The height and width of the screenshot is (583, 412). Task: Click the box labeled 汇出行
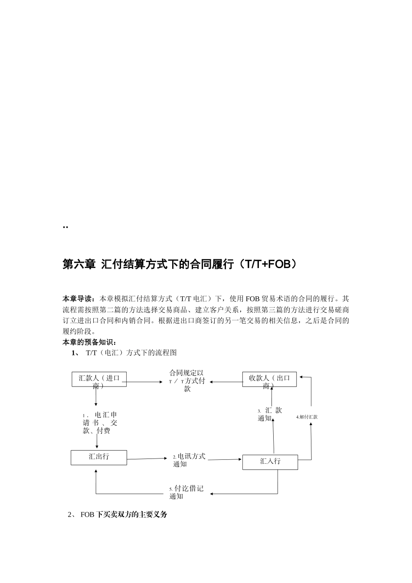pyautogui.click(x=99, y=457)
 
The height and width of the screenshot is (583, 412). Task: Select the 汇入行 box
pyautogui.click(x=270, y=462)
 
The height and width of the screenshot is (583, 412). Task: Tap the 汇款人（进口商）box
pyautogui.click(x=99, y=379)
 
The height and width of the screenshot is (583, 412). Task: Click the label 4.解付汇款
pyautogui.click(x=307, y=417)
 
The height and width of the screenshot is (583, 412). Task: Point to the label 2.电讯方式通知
pyautogui.click(x=189, y=460)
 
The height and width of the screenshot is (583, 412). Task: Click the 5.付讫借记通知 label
pyautogui.click(x=186, y=492)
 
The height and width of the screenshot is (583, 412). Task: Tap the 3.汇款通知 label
pyautogui.click(x=269, y=414)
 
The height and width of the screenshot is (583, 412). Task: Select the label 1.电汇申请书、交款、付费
pyautogui.click(x=99, y=423)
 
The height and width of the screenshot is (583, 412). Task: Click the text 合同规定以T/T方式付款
pyautogui.click(x=187, y=380)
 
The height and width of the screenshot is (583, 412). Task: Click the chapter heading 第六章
pyautogui.click(x=79, y=264)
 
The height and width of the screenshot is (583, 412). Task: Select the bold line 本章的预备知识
pyautogui.click(x=89, y=342)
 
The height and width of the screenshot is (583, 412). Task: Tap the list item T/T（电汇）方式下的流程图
pyautogui.click(x=131, y=353)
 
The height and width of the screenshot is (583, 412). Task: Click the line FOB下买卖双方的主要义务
pyautogui.click(x=124, y=514)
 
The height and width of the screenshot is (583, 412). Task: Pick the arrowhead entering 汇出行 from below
pyautogui.click(x=96, y=469)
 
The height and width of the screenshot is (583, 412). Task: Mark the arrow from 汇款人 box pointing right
pyautogui.click(x=143, y=382)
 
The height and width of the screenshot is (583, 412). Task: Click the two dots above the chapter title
pyautogui.click(x=65, y=227)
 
